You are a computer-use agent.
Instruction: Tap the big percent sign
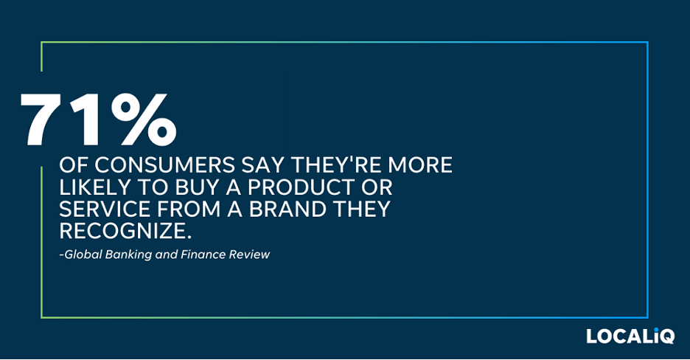[144, 120]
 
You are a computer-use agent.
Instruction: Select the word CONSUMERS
[164, 165]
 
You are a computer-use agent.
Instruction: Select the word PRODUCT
[301, 187]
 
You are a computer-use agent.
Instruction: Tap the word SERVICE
[101, 209]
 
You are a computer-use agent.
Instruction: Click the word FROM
[184, 209]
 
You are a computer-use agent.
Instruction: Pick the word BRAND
[287, 209]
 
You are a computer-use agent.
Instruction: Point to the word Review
[250, 255]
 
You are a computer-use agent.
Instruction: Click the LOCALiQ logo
[630, 336]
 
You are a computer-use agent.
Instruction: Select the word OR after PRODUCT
[376, 187]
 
